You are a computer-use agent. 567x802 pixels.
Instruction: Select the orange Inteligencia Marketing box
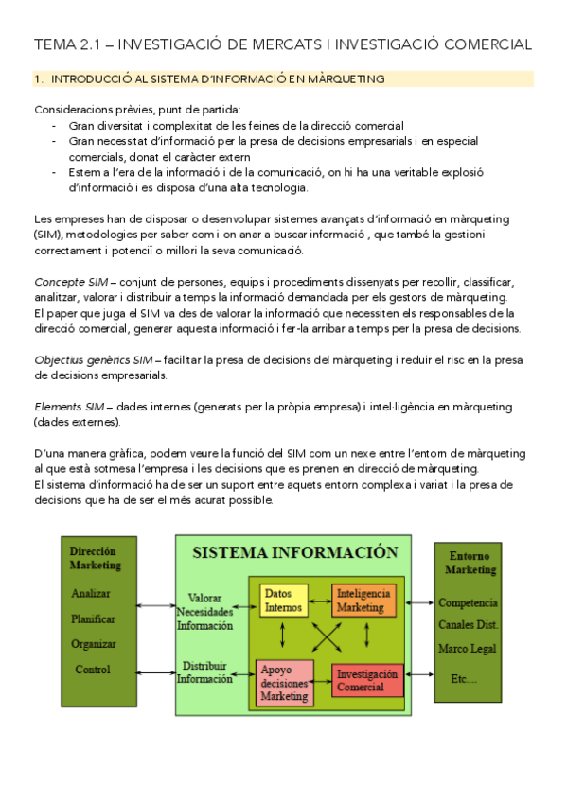[363, 600]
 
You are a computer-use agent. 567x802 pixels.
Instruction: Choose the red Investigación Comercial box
[366, 680]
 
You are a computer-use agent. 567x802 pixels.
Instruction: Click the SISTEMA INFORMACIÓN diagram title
[294, 552]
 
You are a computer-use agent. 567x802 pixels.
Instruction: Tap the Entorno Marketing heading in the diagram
[470, 564]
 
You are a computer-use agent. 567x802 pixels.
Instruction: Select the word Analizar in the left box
[91, 594]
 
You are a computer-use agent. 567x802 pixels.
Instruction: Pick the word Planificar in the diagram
[94, 619]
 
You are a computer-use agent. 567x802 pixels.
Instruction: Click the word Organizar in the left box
[94, 644]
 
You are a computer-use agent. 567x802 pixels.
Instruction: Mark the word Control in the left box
[93, 670]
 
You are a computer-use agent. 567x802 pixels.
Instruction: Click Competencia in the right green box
[468, 602]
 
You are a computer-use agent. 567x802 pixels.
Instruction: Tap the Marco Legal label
[468, 648]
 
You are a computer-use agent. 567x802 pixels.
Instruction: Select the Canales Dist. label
[469, 625]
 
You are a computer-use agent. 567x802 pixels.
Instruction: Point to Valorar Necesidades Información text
[204, 611]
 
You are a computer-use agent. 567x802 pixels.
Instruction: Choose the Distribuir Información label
[204, 671]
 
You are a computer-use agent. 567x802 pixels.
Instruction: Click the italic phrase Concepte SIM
[69, 282]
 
